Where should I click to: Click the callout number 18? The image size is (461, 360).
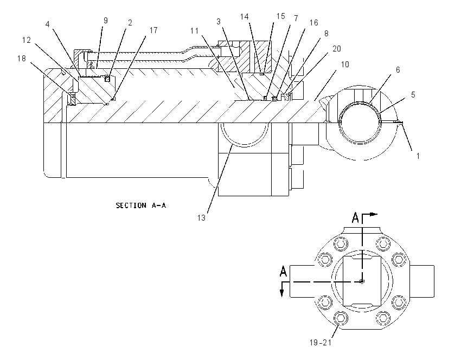tap(22, 59)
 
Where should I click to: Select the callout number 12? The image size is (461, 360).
tap(27, 40)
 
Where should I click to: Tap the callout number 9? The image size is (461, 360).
tap(106, 21)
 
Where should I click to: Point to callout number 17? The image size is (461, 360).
tap(153, 30)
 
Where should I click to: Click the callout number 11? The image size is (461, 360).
tap(194, 31)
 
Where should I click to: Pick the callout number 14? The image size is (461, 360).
tap(244, 17)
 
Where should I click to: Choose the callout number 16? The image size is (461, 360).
tap(313, 23)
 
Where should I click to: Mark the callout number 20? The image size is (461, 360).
tap(337, 49)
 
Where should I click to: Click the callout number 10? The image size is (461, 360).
tap(345, 65)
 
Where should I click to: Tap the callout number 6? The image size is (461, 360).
tap(398, 69)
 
